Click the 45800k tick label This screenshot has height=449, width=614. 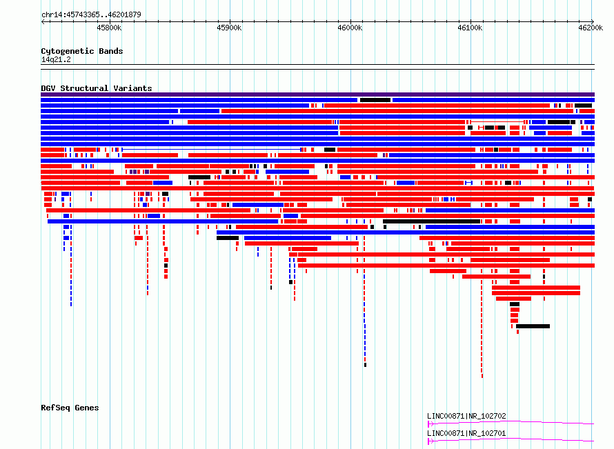click(x=109, y=28)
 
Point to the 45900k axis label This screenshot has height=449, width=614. click(x=229, y=28)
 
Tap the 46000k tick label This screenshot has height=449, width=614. click(x=350, y=28)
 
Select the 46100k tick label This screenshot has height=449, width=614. click(x=470, y=28)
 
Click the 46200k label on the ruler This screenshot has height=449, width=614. click(x=591, y=28)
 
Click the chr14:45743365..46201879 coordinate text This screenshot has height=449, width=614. click(x=91, y=15)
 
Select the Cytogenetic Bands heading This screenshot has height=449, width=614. click(x=82, y=51)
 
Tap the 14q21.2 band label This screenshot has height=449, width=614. click(x=56, y=59)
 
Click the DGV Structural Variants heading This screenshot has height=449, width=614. click(x=97, y=88)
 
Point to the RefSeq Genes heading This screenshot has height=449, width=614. click(x=70, y=408)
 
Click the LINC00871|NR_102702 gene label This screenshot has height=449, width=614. click(x=467, y=416)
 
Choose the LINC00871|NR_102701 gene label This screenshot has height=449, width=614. click(x=467, y=433)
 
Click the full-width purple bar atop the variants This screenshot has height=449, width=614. click(x=317, y=94)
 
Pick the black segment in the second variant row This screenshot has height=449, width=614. click(x=375, y=100)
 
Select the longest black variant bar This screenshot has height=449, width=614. click(x=431, y=221)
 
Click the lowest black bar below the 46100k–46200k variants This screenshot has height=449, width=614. click(x=533, y=326)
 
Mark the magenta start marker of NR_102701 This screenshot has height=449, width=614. click(x=430, y=441)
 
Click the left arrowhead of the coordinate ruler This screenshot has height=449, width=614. click(x=43, y=21)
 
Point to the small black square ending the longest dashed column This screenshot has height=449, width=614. click(x=365, y=365)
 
